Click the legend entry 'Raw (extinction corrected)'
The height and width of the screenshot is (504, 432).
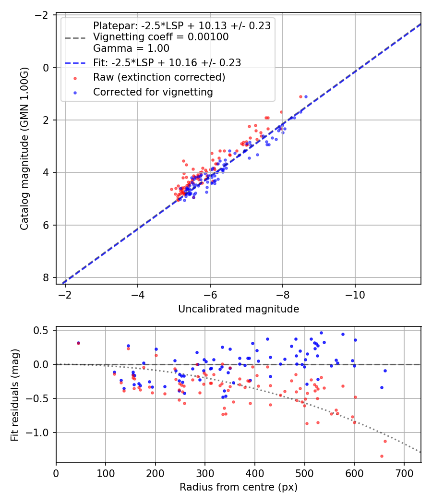(x=159, y=77)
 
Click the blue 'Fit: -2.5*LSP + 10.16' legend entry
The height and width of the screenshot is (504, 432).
(x=167, y=62)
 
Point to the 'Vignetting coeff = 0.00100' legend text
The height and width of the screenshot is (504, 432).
(x=161, y=37)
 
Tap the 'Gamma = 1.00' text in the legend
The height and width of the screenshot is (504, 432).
(x=131, y=48)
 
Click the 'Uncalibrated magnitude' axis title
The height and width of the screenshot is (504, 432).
(x=239, y=309)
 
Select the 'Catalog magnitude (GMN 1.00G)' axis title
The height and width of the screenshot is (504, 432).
(x=24, y=149)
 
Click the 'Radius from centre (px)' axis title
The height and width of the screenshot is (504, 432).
(x=239, y=487)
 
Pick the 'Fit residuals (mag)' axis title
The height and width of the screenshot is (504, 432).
(x=15, y=395)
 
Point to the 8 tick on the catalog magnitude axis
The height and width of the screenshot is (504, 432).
(x=46, y=277)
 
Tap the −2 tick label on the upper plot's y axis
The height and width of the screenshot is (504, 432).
(x=42, y=15)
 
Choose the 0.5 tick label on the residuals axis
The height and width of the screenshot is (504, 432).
(x=43, y=330)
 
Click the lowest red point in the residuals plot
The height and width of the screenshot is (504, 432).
(x=382, y=456)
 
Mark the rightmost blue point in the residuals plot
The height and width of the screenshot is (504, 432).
(x=385, y=371)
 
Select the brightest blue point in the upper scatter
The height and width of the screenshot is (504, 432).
(x=306, y=96)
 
